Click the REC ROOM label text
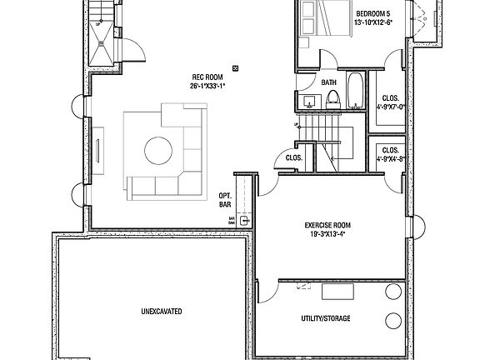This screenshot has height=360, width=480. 204,77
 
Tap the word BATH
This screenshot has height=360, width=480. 329,82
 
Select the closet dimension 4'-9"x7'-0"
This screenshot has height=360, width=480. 389,106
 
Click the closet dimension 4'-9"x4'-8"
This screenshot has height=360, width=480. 389,157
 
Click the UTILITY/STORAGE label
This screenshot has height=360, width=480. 325,319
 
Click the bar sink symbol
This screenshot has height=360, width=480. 244,221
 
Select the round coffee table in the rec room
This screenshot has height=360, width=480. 159,151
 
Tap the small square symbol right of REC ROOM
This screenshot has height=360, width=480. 237,68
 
